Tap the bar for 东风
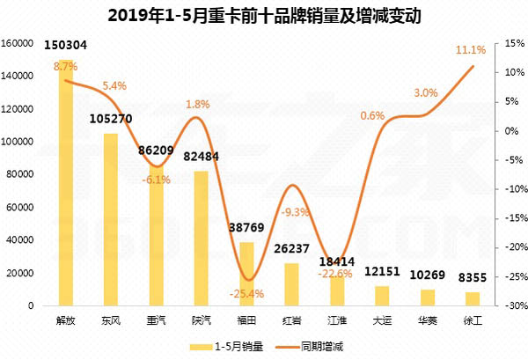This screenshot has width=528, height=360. click(x=111, y=219)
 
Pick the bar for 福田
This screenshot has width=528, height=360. click(x=247, y=274)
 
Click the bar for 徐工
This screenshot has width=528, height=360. click(x=473, y=298)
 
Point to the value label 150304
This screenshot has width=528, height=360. click(x=65, y=45)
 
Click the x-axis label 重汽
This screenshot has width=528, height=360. click(x=156, y=322)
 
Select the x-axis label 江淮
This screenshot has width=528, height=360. click(x=337, y=322)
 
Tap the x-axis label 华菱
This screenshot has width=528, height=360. click(x=428, y=322)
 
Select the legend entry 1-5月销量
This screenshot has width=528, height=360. click(x=231, y=347)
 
